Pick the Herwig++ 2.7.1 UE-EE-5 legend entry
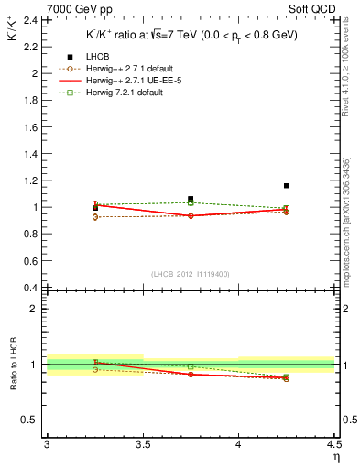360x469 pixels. click(121, 82)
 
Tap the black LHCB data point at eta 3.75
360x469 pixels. click(191, 199)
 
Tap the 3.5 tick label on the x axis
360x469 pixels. click(142, 444)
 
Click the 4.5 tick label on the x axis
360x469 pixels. click(333, 444)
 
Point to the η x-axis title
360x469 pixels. click(335, 456)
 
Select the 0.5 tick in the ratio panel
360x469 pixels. click(31, 420)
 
